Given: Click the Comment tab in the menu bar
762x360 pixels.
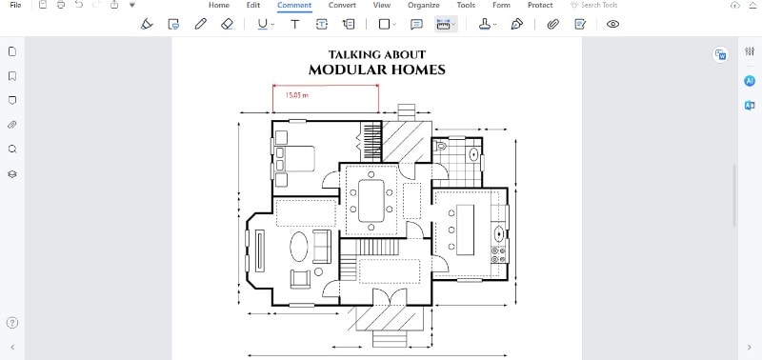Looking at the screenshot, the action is [294, 6].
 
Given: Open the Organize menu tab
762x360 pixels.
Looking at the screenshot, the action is [424, 6].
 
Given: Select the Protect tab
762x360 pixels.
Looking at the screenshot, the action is [540, 6].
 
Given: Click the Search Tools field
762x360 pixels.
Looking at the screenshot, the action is [593, 6].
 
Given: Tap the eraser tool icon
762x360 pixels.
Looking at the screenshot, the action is [227, 24].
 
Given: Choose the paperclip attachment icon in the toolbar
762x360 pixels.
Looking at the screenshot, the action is [553, 24].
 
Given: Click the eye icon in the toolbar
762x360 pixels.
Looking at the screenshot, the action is [612, 24].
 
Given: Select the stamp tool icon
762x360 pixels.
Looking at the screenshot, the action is [485, 24].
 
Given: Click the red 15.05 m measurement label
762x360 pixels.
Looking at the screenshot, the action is [296, 95].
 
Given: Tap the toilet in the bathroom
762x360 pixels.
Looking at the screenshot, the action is [440, 146].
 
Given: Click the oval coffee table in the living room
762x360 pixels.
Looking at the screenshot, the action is [299, 247].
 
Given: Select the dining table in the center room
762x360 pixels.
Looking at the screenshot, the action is [371, 201].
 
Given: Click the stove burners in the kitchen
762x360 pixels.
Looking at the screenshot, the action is [498, 253].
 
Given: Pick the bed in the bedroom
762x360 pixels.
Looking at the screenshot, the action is [295, 158].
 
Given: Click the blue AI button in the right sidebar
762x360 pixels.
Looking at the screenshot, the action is [750, 81].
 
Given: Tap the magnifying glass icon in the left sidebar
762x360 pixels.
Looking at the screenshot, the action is [12, 150].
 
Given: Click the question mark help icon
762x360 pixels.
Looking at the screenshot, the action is [12, 323].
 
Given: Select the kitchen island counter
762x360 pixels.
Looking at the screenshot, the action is [465, 230].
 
